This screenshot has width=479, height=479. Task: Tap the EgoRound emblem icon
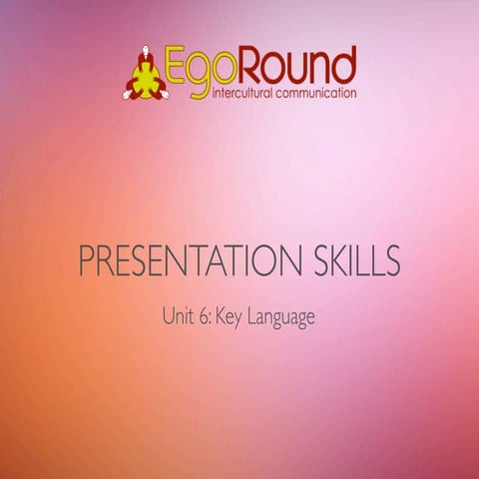pyautogui.click(x=146, y=75)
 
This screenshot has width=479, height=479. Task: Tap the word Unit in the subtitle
pyautogui.click(x=176, y=318)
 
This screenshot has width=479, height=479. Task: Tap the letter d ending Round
pyautogui.click(x=344, y=65)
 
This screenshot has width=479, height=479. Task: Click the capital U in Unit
pyautogui.click(x=167, y=318)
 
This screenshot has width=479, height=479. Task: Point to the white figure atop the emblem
pyautogui.click(x=146, y=51)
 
